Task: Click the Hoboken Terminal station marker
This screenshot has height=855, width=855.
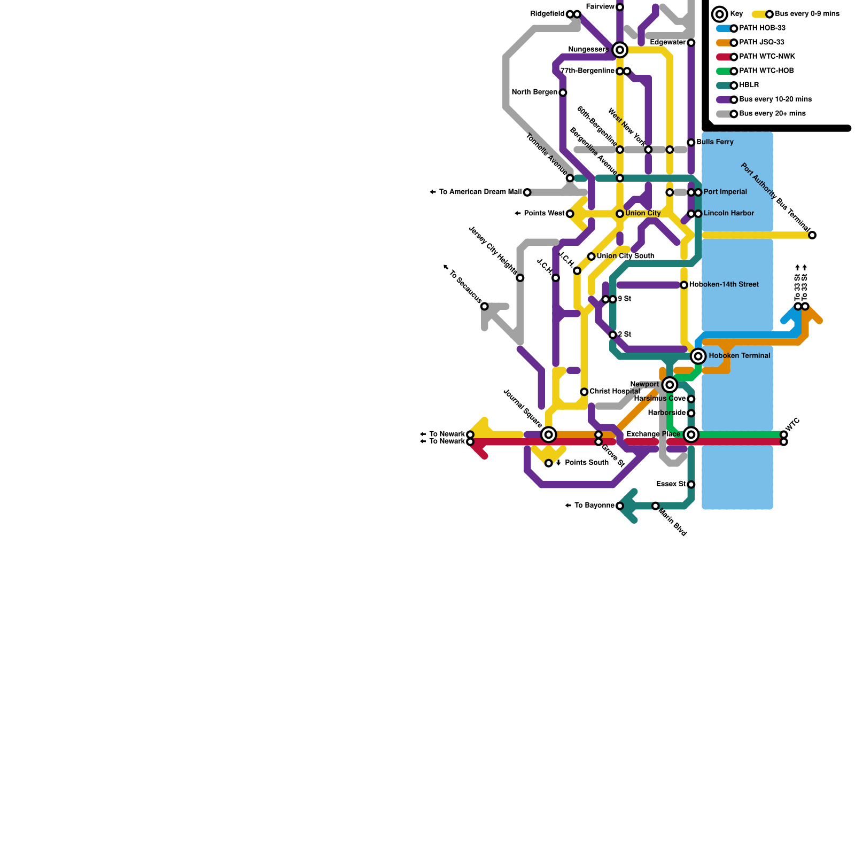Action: coord(698,356)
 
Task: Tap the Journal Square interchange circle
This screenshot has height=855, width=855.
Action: coord(548,434)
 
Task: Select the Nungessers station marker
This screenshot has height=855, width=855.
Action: coord(620,50)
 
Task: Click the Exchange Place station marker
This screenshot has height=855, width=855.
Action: coord(691,434)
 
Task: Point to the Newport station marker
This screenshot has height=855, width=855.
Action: coord(670,385)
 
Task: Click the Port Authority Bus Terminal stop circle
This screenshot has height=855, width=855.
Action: coord(812,235)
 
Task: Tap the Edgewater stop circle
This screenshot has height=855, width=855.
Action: coord(691,43)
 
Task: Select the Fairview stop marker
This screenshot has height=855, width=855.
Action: coord(620,7)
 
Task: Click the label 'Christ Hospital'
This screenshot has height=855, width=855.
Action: coord(615,392)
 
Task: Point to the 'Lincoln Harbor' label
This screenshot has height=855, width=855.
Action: coord(728,214)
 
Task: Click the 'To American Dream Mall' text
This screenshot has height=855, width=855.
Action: coord(480,192)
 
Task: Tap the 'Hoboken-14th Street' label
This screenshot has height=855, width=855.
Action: coord(724,285)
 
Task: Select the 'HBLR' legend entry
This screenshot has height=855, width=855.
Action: coord(749,85)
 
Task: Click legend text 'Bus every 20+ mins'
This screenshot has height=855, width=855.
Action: coord(772,114)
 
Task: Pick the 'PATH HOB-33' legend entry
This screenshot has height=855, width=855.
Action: coord(762,28)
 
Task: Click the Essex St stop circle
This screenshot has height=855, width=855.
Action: coord(691,485)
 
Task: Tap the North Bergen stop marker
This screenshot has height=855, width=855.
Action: coord(563,93)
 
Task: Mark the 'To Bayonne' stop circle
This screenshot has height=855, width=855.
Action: coord(620,506)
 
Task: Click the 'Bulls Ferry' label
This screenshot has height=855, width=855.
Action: coord(715,142)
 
